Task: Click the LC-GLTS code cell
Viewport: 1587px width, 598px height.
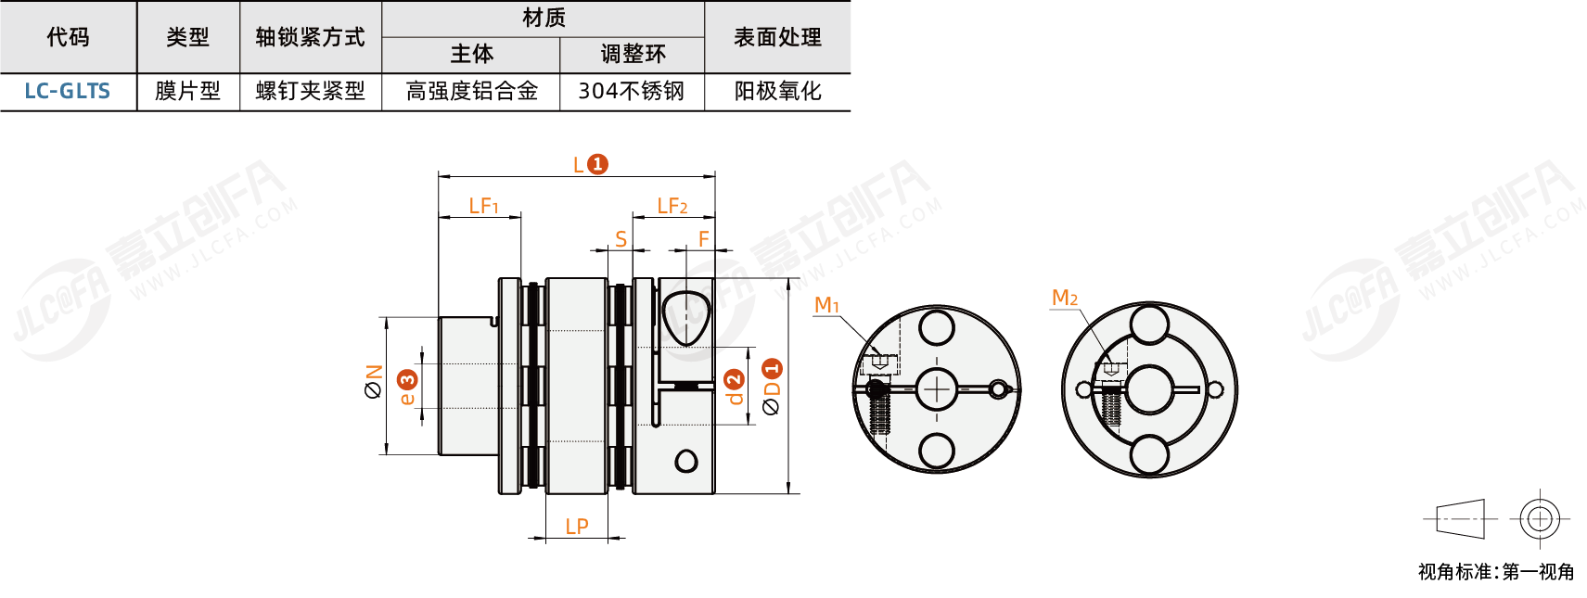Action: click(67, 91)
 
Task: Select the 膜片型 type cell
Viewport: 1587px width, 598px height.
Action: click(187, 91)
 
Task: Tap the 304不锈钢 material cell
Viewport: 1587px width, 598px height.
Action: click(631, 91)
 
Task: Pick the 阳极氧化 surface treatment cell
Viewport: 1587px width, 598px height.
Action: click(777, 91)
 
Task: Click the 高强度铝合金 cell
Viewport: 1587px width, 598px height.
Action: click(471, 91)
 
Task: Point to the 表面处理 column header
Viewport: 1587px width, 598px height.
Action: click(777, 37)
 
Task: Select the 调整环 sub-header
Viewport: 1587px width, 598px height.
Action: click(633, 54)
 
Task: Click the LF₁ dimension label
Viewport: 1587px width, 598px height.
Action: click(483, 206)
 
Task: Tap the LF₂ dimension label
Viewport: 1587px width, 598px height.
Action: click(672, 206)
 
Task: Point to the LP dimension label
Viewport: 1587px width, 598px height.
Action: click(577, 527)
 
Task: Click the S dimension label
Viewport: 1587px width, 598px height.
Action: click(621, 239)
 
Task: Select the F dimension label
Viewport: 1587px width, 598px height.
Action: click(704, 239)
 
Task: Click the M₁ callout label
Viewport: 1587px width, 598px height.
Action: click(826, 305)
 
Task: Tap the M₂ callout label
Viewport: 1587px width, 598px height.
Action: click(1064, 298)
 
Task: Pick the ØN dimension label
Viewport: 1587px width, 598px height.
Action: click(374, 381)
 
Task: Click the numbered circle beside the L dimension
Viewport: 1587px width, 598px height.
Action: click(598, 164)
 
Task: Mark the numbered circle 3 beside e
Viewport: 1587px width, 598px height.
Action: click(407, 379)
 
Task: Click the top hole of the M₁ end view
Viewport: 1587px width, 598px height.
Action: click(936, 327)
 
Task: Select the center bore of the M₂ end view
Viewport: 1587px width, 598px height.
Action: click(1149, 389)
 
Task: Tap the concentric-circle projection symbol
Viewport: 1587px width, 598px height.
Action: click(1539, 519)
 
